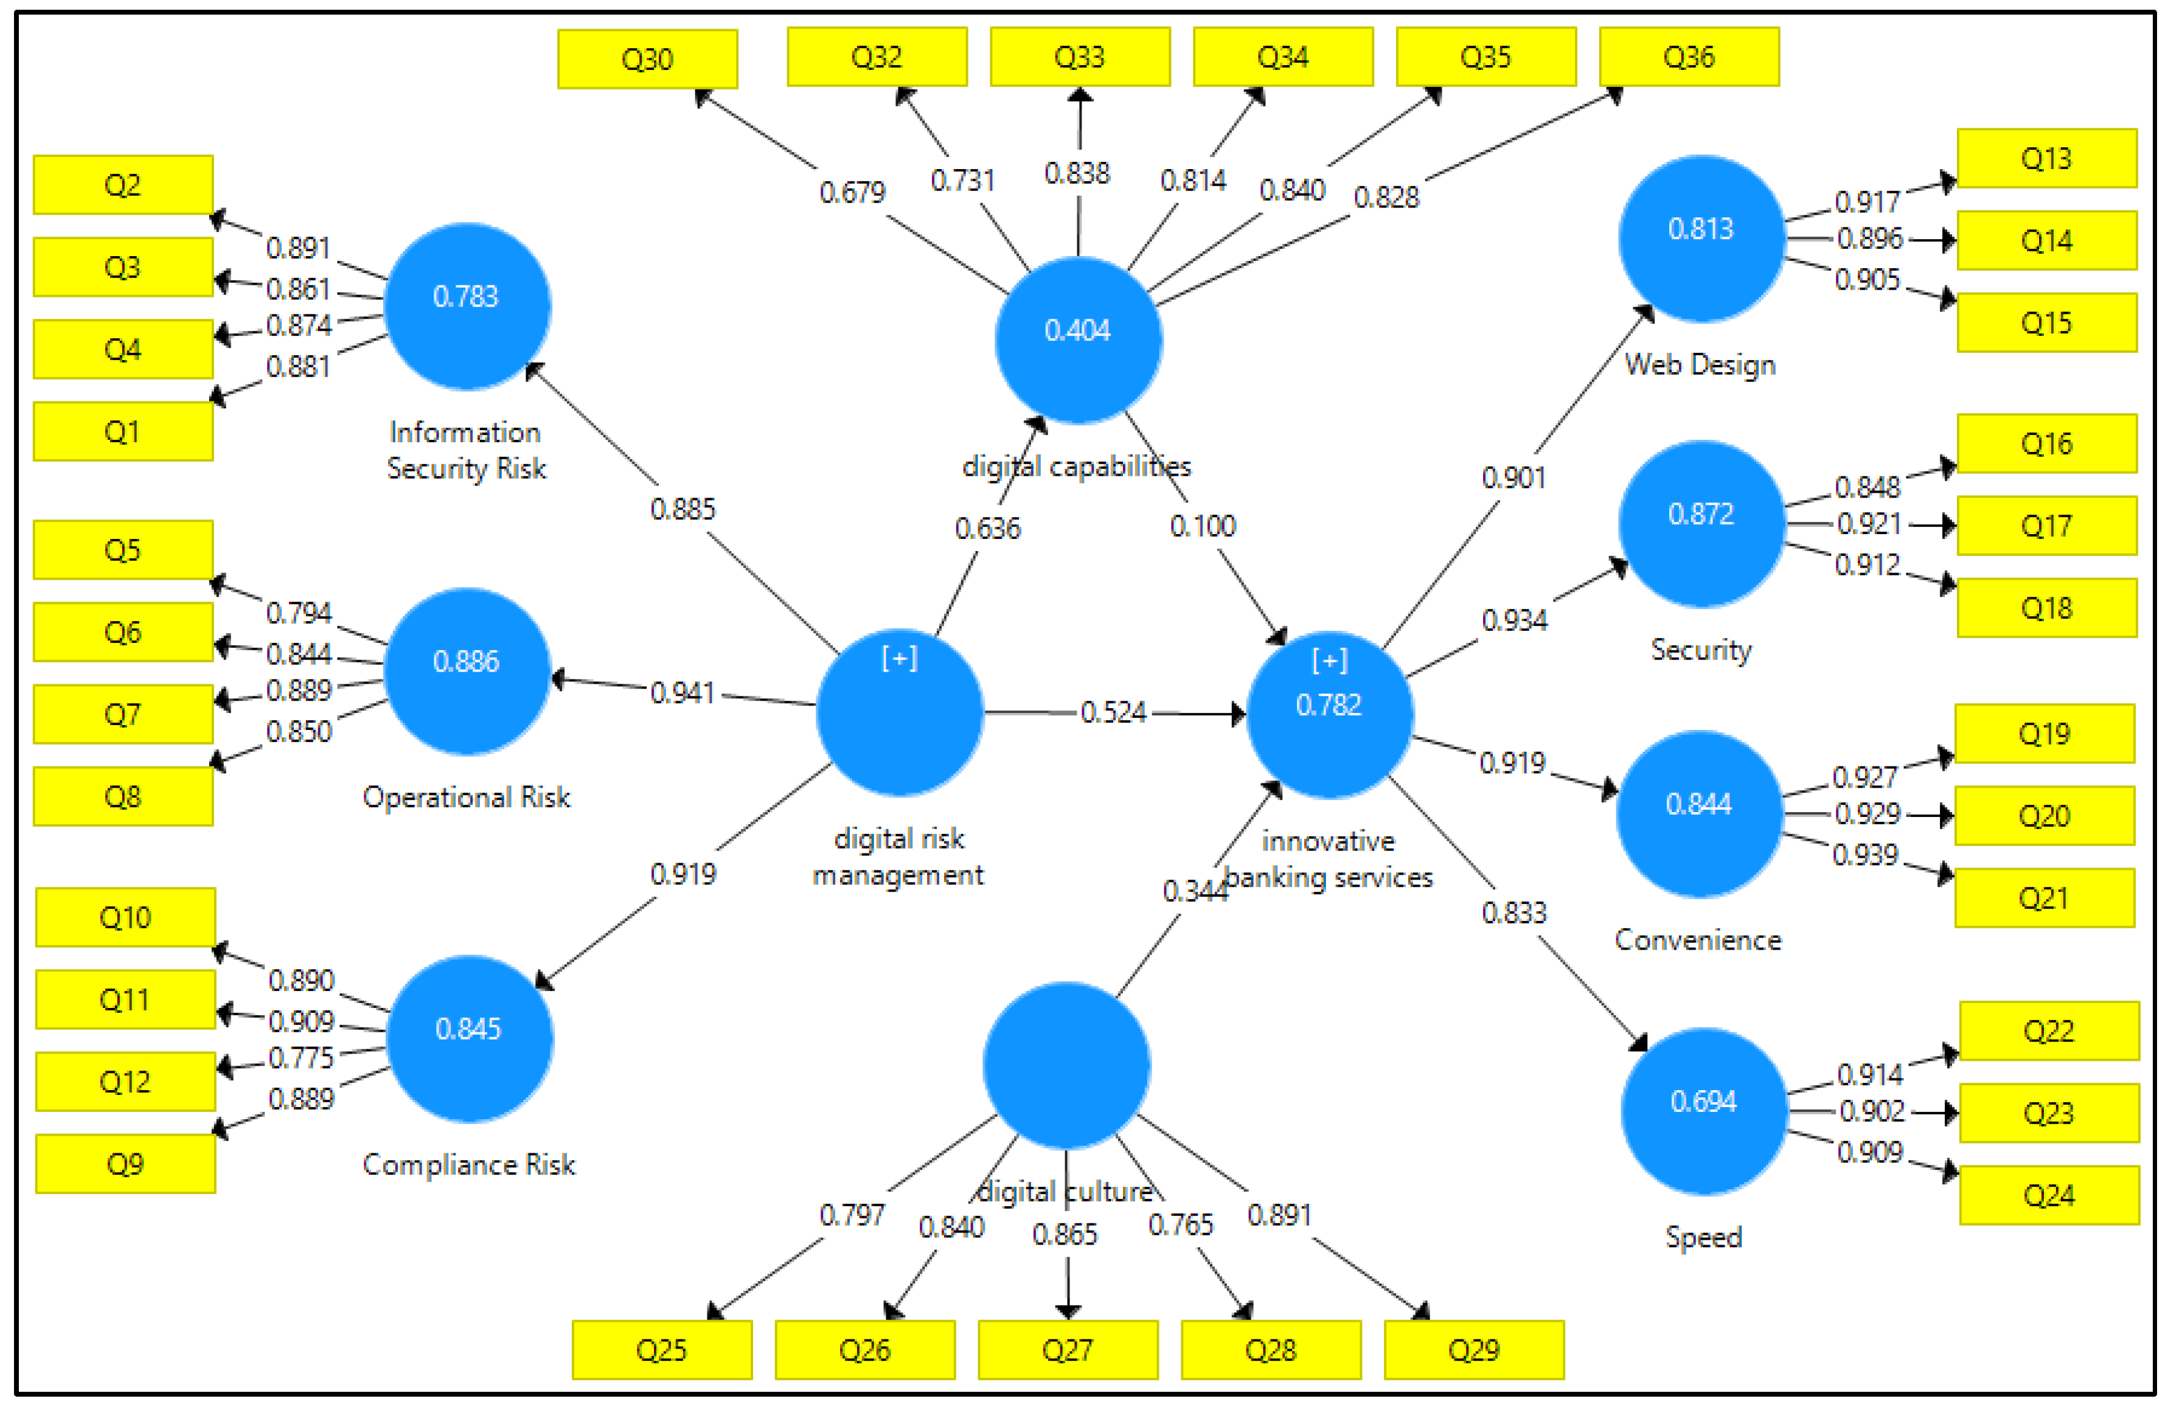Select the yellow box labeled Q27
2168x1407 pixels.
click(x=1068, y=1350)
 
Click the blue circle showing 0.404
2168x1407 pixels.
click(x=1078, y=339)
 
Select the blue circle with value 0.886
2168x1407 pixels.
click(x=467, y=671)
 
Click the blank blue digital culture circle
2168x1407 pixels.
click(x=1066, y=1065)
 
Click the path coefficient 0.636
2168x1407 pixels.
click(x=987, y=528)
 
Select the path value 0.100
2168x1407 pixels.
click(x=1203, y=526)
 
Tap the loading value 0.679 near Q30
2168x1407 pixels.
click(x=852, y=192)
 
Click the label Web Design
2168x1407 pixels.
click(x=1700, y=364)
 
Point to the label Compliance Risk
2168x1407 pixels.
click(x=468, y=1164)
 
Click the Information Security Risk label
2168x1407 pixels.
click(x=465, y=450)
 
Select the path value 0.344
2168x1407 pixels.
click(x=1194, y=890)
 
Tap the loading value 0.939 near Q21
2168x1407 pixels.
click(x=1864, y=854)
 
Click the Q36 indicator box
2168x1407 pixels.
click(x=1689, y=57)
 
